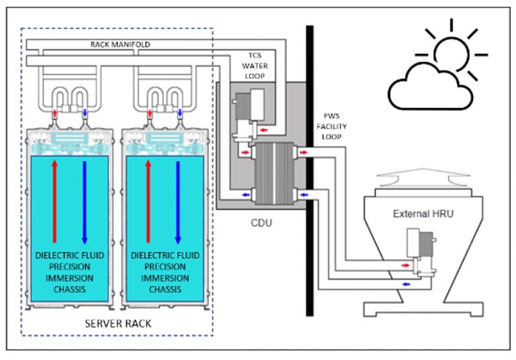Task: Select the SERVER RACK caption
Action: [118, 323]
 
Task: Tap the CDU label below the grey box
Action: [259, 222]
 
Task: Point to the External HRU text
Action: [416, 214]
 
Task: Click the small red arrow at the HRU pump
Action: [404, 265]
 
